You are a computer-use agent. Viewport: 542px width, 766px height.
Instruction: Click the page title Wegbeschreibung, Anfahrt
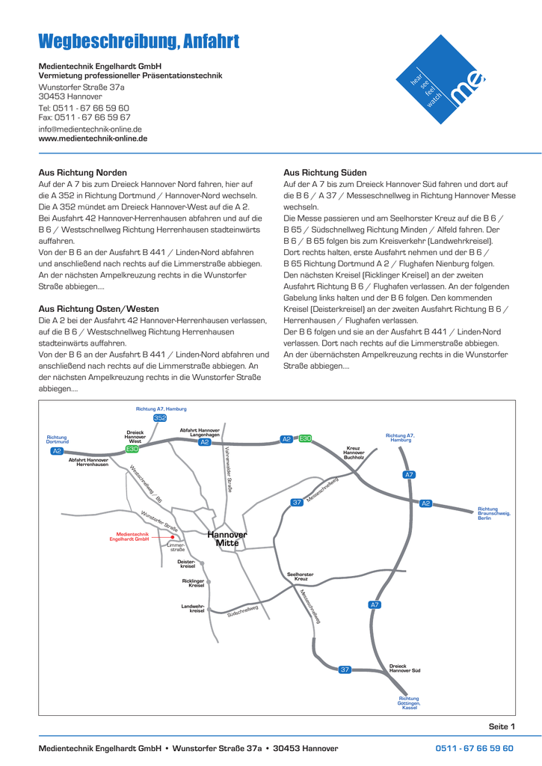click(x=139, y=40)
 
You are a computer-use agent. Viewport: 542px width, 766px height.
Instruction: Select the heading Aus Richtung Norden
click(x=78, y=172)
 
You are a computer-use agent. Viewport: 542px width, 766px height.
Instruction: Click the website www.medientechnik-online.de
click(x=93, y=138)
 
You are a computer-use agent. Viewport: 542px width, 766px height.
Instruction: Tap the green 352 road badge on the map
click(x=159, y=418)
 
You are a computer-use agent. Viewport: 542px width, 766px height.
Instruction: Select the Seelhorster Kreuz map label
click(x=301, y=576)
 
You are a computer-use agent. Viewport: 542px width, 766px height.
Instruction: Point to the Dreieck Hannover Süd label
click(x=404, y=669)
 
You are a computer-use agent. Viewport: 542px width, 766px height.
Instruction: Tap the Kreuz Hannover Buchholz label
click(x=354, y=452)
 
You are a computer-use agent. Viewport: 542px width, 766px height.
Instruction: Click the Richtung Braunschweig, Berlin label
click(x=493, y=512)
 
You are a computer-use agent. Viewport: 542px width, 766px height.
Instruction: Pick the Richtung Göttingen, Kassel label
click(x=410, y=702)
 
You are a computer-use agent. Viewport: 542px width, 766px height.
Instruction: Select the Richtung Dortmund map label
click(x=58, y=440)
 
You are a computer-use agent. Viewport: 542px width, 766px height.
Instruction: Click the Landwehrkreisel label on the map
click(x=193, y=608)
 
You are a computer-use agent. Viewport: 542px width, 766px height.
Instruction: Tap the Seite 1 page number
click(x=502, y=726)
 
